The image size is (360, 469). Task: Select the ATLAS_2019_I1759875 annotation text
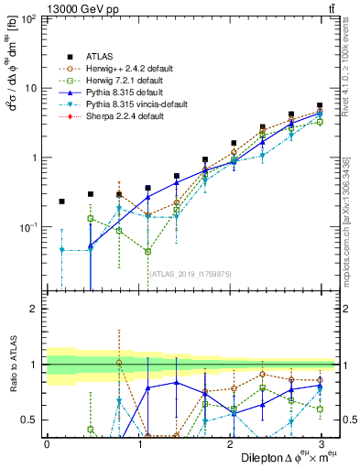[189, 272]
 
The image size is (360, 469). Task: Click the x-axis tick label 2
[231, 443]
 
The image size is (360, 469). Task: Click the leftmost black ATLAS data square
[61, 202]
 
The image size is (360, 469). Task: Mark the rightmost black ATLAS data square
[319, 106]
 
